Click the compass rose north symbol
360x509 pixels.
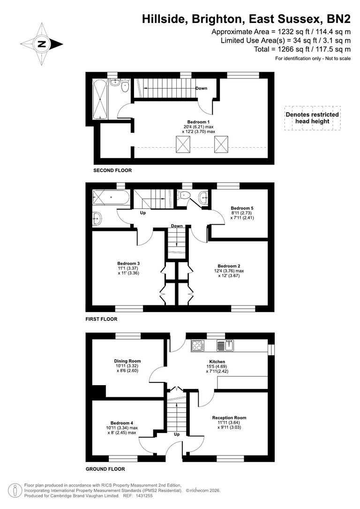tap(42, 45)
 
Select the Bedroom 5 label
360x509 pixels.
tap(242, 207)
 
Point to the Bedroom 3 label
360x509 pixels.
tap(128, 263)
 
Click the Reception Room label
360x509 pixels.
tap(229, 418)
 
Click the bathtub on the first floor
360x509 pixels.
tap(111, 198)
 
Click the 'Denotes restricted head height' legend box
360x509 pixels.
tap(313, 118)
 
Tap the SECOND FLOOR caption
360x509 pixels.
tap(112, 170)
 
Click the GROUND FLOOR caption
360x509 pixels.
tap(105, 469)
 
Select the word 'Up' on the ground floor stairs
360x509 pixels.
tap(177, 434)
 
